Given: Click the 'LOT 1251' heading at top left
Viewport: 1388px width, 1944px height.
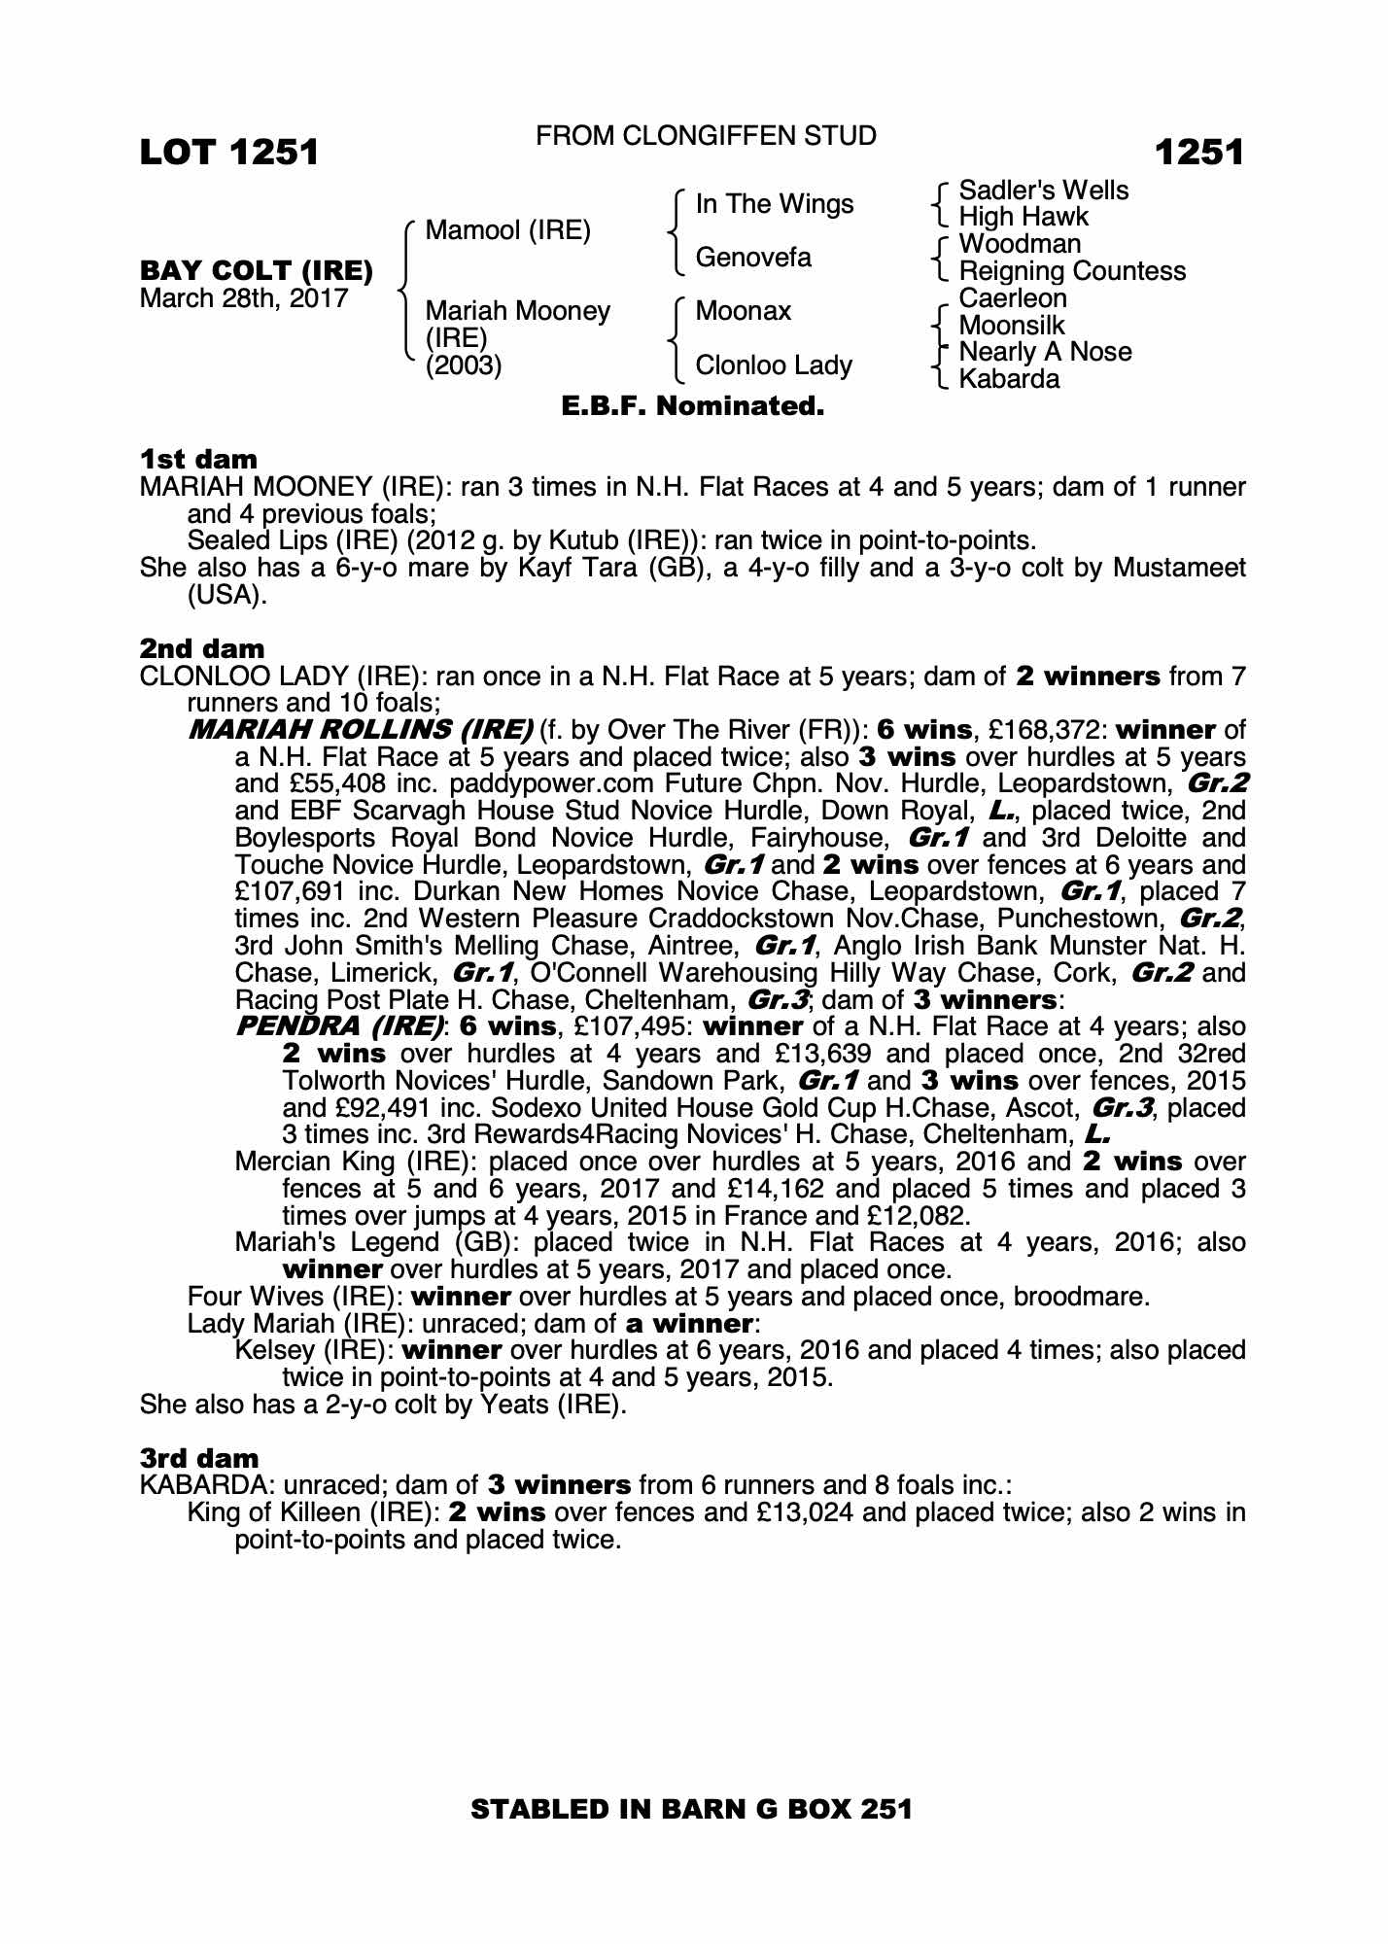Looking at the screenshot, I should [x=229, y=153].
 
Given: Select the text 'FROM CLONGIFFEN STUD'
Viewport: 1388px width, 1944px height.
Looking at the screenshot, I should [x=706, y=136].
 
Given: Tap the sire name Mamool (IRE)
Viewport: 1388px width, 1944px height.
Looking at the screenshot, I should [x=507, y=231].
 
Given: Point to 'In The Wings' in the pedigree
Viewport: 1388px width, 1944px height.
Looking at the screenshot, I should [x=775, y=204].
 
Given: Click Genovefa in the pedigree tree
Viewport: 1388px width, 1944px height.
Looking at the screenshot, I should [x=753, y=258].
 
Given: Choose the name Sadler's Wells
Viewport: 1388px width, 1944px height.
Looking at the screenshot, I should [x=1043, y=191].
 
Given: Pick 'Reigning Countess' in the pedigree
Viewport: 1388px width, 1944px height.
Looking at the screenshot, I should [x=1072, y=271].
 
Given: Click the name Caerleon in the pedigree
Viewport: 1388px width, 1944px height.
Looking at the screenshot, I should [x=1012, y=298].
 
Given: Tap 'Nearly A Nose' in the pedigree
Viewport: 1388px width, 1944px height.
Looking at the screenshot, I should [x=1045, y=352].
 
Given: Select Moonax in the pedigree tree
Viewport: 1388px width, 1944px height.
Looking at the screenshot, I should [x=744, y=311].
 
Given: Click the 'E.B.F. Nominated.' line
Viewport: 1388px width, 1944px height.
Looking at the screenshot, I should [x=693, y=406].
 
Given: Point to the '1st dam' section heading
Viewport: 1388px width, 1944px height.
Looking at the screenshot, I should [x=199, y=459].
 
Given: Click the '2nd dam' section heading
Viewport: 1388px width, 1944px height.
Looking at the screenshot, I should [x=202, y=648].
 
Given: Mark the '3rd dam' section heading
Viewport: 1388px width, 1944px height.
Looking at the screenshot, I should [x=199, y=1458].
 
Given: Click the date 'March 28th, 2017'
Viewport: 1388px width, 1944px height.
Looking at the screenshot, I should [x=244, y=298].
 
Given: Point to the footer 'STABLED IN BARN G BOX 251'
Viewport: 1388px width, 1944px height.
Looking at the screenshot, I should [x=691, y=1809].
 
